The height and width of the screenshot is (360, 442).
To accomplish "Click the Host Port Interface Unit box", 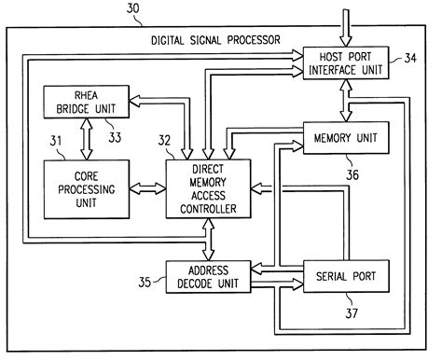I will click(x=347, y=65).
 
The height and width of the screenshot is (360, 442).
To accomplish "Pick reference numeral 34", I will click(x=411, y=59).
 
